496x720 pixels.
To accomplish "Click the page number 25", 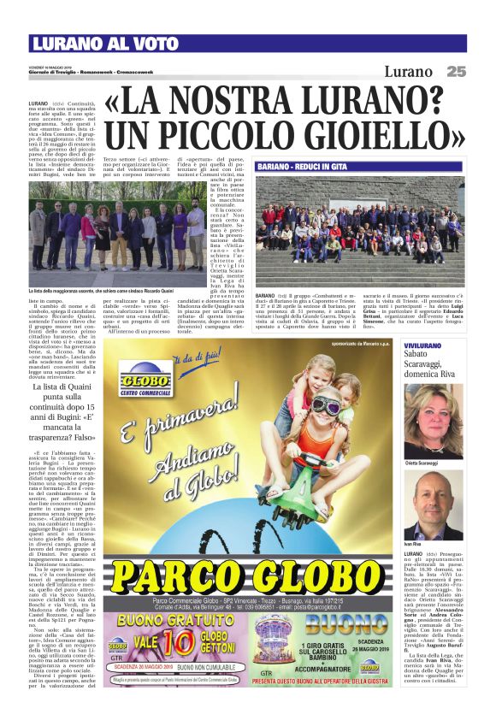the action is coord(456,72).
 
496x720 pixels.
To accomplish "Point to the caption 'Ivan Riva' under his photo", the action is coord(412,545).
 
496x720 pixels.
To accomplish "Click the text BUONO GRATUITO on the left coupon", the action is coord(166,617).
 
